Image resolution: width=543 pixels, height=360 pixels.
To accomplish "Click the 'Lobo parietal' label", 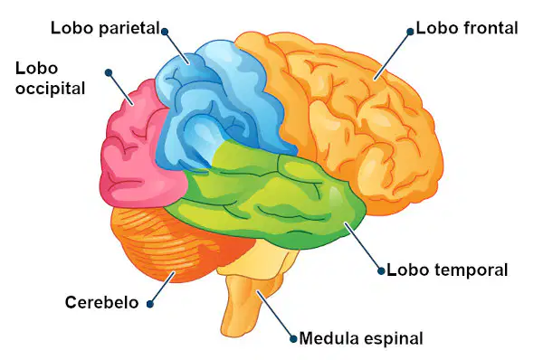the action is [x=105, y=28].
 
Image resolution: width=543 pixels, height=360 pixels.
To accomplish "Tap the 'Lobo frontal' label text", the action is [x=467, y=28].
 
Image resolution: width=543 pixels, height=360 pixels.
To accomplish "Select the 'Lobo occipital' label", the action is [x=50, y=79].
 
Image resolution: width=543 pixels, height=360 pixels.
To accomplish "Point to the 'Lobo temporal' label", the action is [x=447, y=270].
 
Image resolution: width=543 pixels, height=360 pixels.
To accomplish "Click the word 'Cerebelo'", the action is [x=101, y=302].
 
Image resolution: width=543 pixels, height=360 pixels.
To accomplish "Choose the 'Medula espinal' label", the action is [x=361, y=338].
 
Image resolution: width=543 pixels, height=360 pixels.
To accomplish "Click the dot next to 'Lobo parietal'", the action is [x=165, y=32].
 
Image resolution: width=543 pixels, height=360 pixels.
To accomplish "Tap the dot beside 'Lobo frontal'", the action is [x=410, y=32].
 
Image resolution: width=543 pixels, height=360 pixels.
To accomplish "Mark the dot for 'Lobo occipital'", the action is [x=109, y=72].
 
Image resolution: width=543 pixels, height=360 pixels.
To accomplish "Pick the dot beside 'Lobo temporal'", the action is [x=381, y=271].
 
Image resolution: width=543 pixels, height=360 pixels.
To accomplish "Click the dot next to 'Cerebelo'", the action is [x=150, y=304].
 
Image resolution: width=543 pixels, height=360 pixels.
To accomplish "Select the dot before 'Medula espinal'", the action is [x=293, y=338].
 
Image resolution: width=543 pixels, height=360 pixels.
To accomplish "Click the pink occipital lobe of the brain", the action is [x=138, y=149].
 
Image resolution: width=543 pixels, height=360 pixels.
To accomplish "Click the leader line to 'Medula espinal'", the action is [x=275, y=315].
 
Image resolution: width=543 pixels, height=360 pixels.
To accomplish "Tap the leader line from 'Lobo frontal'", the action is [x=392, y=56].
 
